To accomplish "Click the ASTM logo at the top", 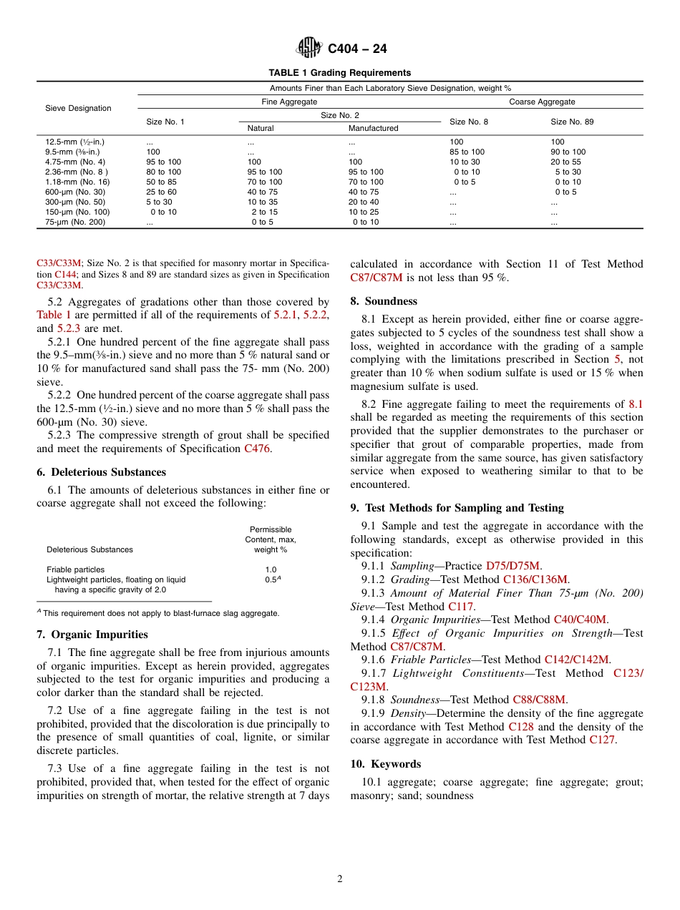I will click(310, 49).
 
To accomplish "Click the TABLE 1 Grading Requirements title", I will click(339, 73).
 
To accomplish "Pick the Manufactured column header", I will click(373, 129).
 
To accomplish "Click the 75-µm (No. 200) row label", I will click(75, 222).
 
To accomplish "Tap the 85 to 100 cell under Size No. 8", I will click(467, 152).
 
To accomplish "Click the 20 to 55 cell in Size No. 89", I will click(566, 162).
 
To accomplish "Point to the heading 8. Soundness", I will click(384, 301).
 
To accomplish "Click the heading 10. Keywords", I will click(386, 764).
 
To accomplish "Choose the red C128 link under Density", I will click(521, 727).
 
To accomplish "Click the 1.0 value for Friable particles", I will click(271, 570).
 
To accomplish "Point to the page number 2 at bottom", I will click(340, 879).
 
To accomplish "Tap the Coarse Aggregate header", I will click(542, 102).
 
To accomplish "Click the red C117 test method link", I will click(461, 607).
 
